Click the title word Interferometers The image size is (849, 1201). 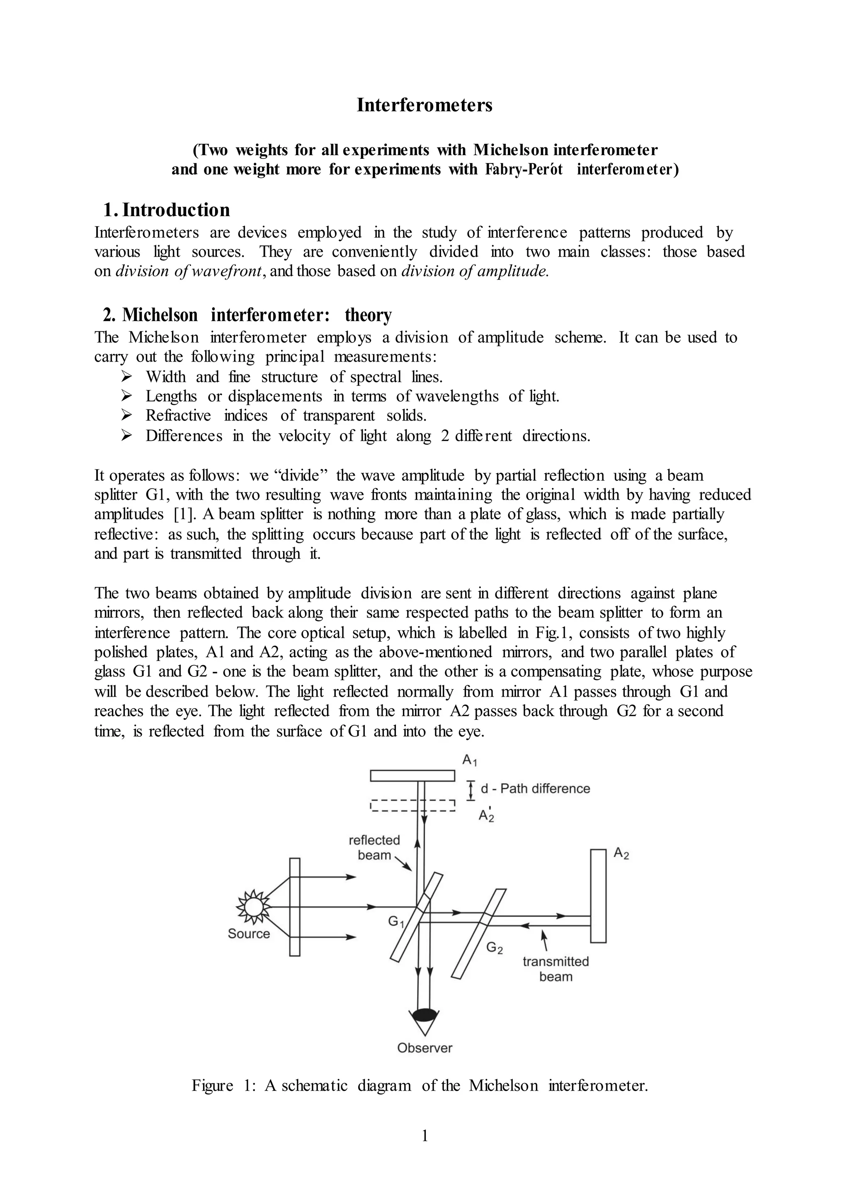pos(424,105)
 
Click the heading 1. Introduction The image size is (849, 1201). pos(166,210)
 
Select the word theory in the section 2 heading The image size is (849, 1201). pos(368,316)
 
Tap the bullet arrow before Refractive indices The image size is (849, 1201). pos(126,415)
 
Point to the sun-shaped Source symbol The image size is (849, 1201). pos(254,907)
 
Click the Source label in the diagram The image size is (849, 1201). pos(249,934)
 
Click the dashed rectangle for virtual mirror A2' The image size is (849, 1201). pos(412,805)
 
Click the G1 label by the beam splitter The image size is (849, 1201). pos(396,921)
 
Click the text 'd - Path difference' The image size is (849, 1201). pos(535,789)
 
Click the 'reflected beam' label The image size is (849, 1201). pos(374,847)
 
